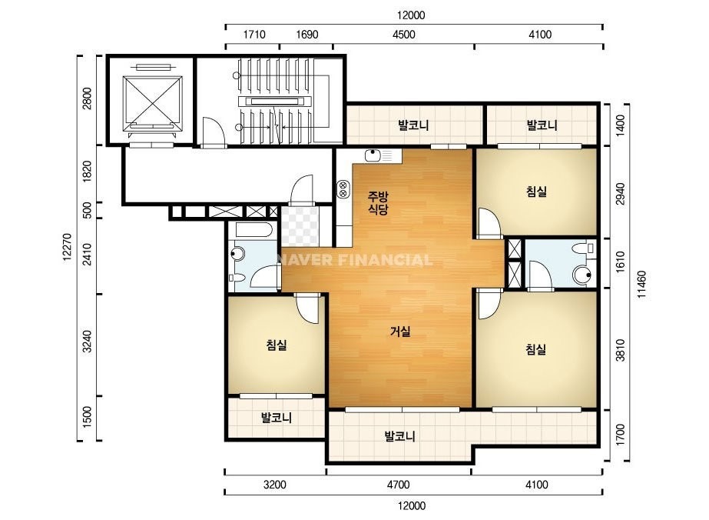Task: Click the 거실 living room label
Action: tap(400, 332)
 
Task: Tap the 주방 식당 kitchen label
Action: tap(378, 202)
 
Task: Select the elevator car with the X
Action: tap(152, 101)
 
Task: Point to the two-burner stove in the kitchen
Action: tap(343, 189)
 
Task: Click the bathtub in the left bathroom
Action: tap(253, 230)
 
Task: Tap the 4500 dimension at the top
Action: tap(404, 35)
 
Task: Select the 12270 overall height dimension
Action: tap(67, 247)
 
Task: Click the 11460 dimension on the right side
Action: tap(642, 285)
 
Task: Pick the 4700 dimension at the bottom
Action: tap(399, 485)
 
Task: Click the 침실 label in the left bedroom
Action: tap(277, 345)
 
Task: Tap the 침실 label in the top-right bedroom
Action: tap(537, 191)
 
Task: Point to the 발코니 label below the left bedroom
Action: tap(277, 417)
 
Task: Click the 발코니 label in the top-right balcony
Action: tap(542, 125)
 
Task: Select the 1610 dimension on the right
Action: tap(621, 262)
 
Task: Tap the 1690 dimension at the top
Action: tap(307, 35)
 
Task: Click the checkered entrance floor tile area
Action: tap(300, 226)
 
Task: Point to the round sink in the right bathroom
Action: tap(582, 275)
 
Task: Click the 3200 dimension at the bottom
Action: tap(274, 485)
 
